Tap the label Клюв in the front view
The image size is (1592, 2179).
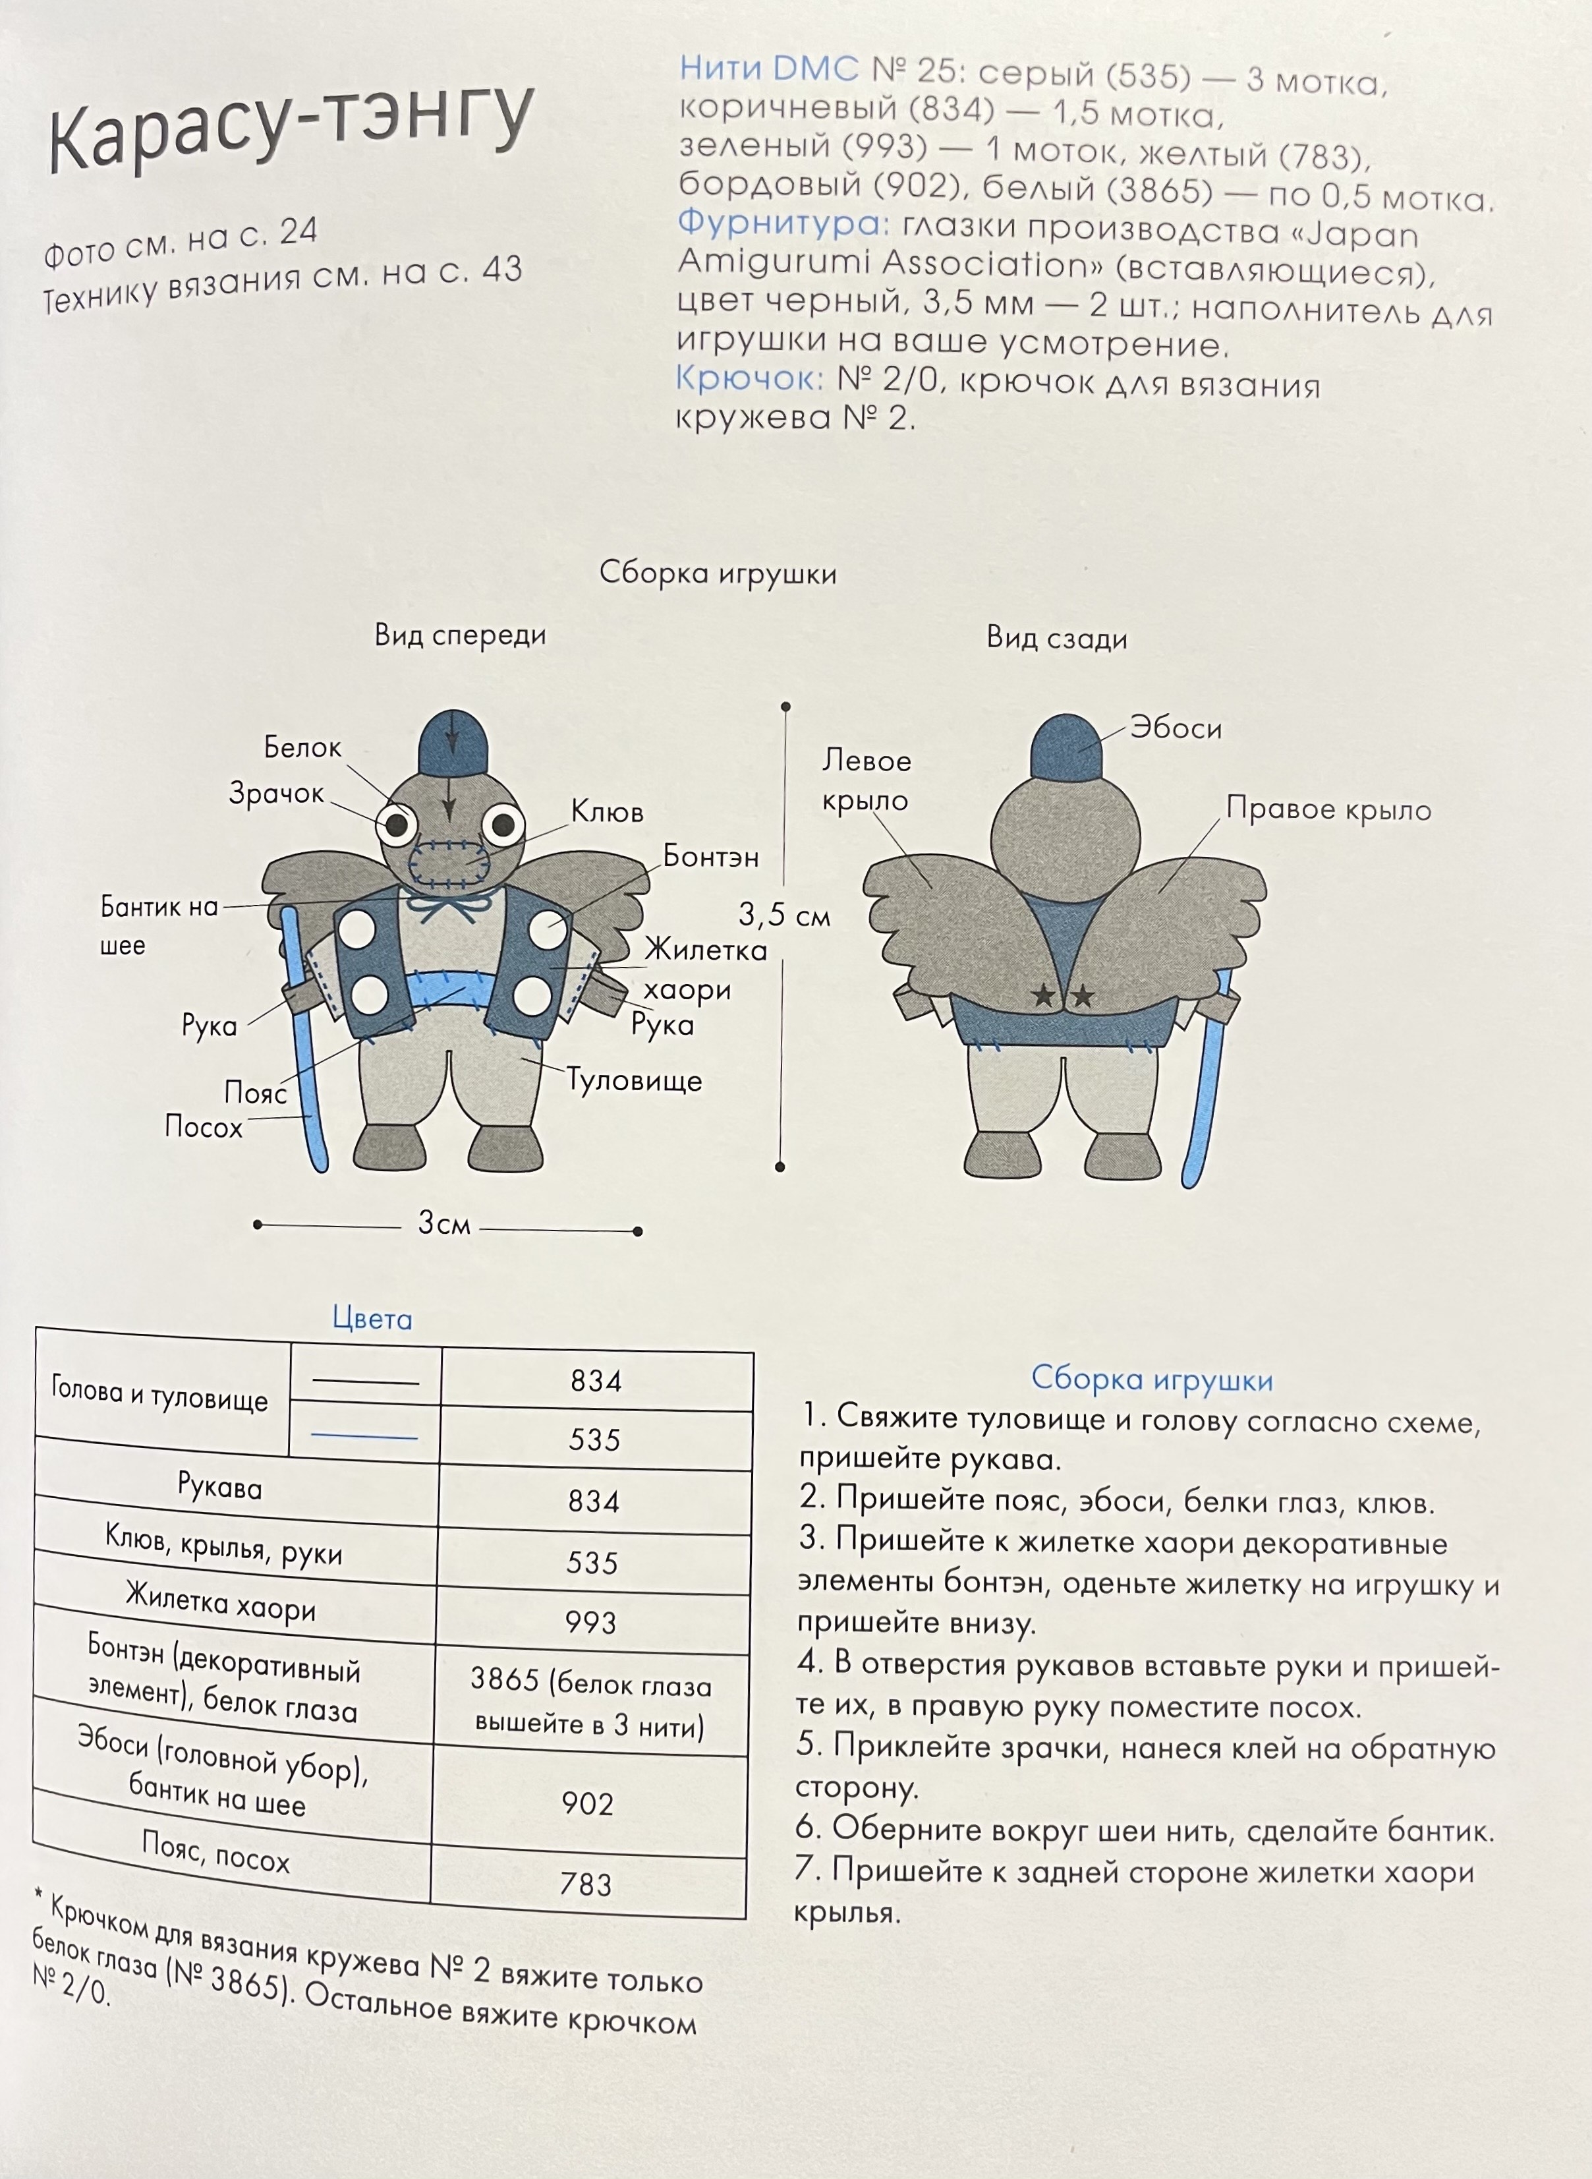tap(606, 811)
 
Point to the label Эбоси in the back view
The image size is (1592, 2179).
tap(1176, 728)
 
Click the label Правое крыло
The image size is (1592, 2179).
tap(1328, 809)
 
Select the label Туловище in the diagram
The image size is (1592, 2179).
tap(634, 1080)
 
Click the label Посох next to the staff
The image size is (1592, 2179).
tap(204, 1126)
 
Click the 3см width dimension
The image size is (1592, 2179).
tap(443, 1224)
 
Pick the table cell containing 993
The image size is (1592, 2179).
tap(590, 1623)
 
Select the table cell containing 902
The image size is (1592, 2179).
tap(588, 1803)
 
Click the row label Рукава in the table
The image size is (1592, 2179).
tap(219, 1487)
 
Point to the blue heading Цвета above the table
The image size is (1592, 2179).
tap(372, 1318)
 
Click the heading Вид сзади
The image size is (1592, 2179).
tap(1056, 638)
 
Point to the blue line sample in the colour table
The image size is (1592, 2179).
tap(364, 1437)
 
